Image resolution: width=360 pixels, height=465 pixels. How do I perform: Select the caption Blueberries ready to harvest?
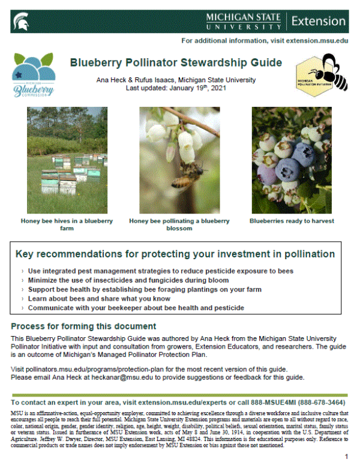coord(292,221)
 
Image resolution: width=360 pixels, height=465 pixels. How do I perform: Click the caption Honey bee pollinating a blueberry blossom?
coord(179,224)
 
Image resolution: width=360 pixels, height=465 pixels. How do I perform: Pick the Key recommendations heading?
coord(175,254)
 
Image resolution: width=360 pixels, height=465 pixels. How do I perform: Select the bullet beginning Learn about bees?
coord(118,298)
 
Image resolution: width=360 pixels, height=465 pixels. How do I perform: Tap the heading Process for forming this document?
coord(83,327)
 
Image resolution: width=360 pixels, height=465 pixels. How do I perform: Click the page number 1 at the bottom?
coord(346,457)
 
